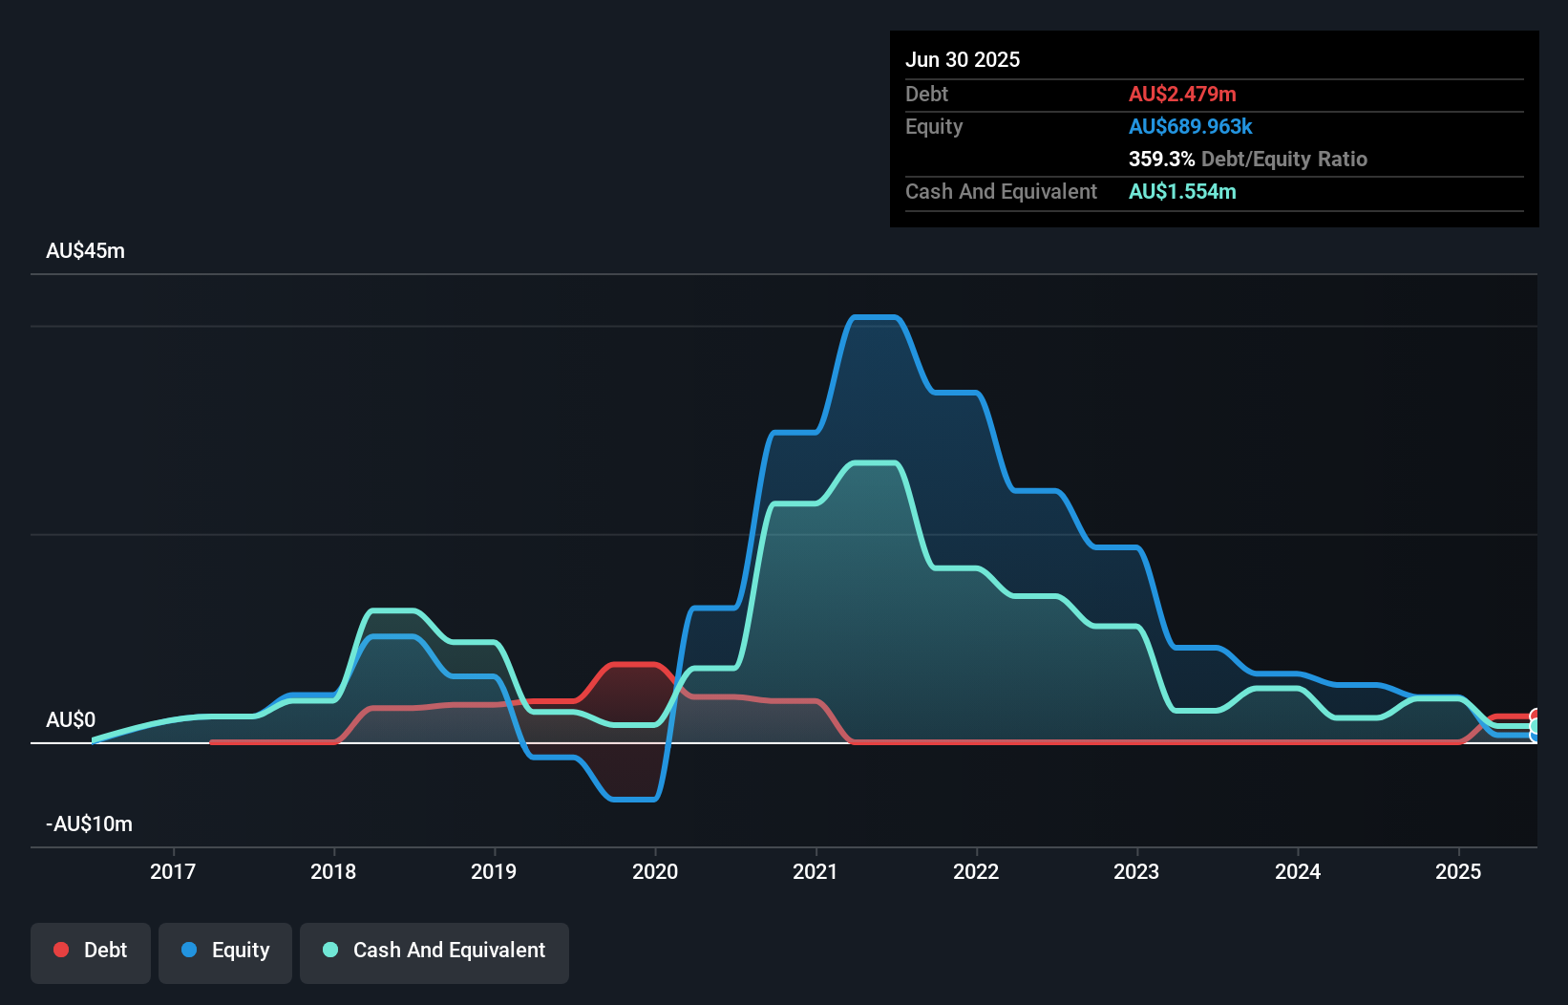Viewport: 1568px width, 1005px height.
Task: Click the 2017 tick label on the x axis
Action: click(x=173, y=871)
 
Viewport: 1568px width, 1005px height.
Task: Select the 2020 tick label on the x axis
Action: click(x=655, y=871)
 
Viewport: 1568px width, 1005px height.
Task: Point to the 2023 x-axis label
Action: click(x=1136, y=871)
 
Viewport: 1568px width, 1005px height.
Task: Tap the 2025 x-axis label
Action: click(x=1458, y=871)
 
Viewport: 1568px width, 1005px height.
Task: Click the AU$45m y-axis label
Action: click(x=85, y=250)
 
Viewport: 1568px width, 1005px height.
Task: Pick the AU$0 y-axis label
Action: click(x=71, y=719)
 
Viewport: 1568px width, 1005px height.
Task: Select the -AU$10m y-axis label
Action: click(x=89, y=823)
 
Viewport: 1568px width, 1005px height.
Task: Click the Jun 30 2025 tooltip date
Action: click(x=963, y=59)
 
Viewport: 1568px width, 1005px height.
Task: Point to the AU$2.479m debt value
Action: click(x=1182, y=94)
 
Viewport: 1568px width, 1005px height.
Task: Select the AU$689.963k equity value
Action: click(x=1190, y=126)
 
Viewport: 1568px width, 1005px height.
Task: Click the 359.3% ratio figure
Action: click(x=1161, y=159)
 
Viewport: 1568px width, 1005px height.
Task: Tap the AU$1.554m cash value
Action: click(x=1182, y=191)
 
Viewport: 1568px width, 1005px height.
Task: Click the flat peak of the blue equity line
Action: click(x=874, y=317)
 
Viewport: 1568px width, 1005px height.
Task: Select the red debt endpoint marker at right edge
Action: click(x=1535, y=716)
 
